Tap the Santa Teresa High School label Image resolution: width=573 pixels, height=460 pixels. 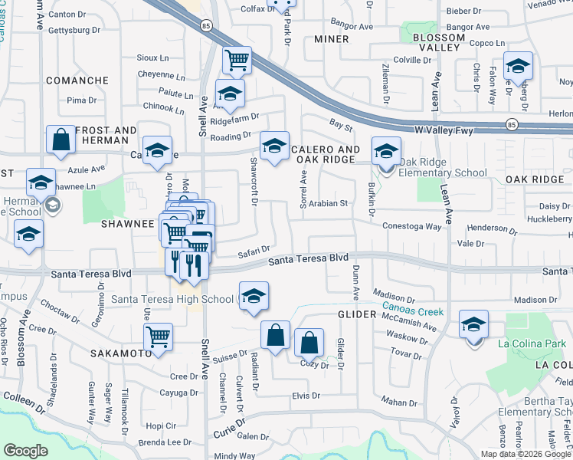coord(172,299)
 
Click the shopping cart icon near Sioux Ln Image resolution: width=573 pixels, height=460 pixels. coord(237,59)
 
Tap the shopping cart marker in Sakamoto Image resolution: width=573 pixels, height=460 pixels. coord(158,337)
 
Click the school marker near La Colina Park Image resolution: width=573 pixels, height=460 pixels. coord(474,324)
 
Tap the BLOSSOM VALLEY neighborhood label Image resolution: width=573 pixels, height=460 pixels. coord(437,42)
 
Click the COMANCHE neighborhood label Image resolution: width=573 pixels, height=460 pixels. coord(77,80)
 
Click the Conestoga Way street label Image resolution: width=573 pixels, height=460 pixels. coord(413,226)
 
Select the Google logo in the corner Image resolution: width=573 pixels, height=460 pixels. coord(26,451)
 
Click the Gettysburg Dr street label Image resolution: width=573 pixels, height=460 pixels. coord(75,30)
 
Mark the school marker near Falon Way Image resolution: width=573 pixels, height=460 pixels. coord(518,67)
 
